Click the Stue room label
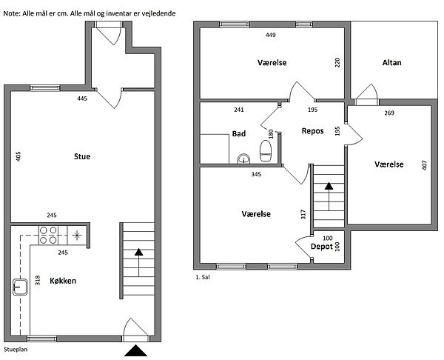[82, 156]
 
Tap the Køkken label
[63, 281]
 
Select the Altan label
[392, 63]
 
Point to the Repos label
[312, 131]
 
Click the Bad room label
[239, 133]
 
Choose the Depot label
[322, 247]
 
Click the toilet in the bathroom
[266, 150]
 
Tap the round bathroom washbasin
[243, 159]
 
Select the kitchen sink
[20, 287]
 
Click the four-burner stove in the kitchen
[48, 236]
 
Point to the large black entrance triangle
[136, 350]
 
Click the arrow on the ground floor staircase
[139, 262]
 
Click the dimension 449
[271, 35]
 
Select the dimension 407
[424, 165]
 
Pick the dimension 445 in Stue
[82, 99]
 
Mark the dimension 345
[256, 174]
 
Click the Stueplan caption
[16, 350]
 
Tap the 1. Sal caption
[203, 277]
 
